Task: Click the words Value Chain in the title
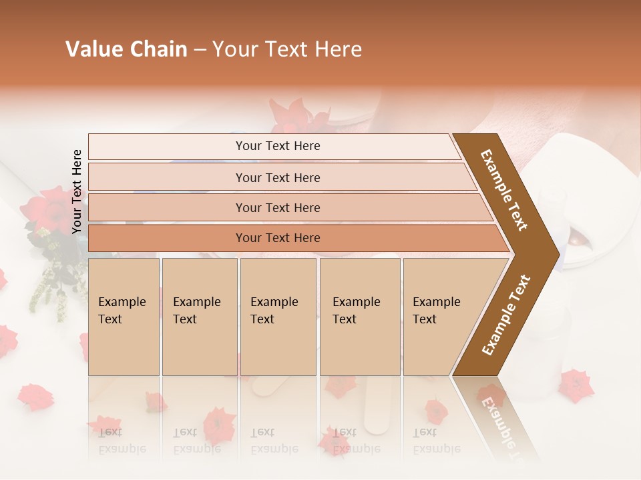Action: (x=126, y=49)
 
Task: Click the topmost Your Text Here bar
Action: (x=277, y=146)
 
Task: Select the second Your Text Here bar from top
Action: (x=277, y=177)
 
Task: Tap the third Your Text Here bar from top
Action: (x=277, y=207)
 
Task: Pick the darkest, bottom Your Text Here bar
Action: (x=277, y=238)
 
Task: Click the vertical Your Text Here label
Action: (x=77, y=191)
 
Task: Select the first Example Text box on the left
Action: (x=124, y=317)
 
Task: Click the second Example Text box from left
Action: (x=199, y=317)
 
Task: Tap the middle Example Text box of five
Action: (x=278, y=317)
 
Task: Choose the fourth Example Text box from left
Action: (x=359, y=317)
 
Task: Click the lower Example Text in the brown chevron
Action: (x=506, y=315)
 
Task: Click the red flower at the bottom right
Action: (x=576, y=385)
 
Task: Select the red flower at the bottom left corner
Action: (x=35, y=396)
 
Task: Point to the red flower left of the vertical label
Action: (x=53, y=207)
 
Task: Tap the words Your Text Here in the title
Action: (x=287, y=49)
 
